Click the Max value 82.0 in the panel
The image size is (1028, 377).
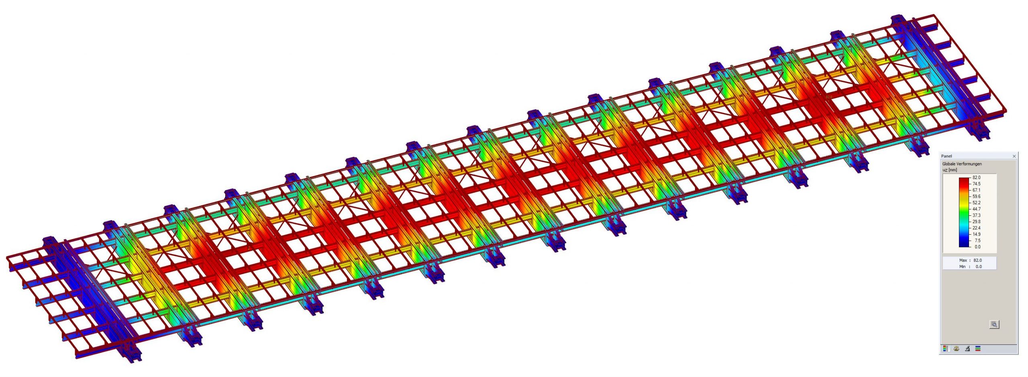(x=977, y=260)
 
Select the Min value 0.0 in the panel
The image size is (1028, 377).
(x=979, y=267)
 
